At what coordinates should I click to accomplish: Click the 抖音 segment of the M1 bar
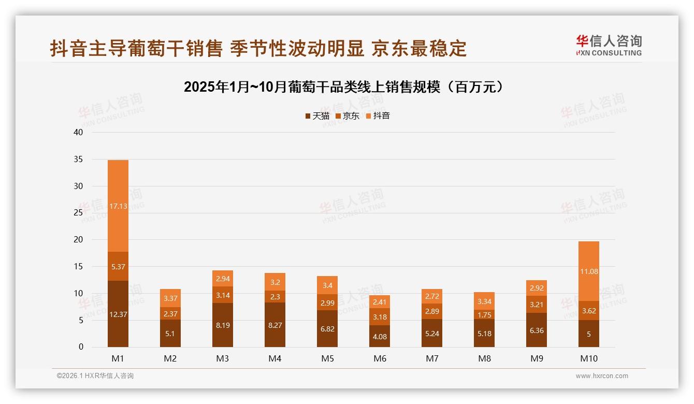pyautogui.click(x=118, y=206)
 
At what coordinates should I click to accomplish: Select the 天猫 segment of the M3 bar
pyautogui.click(x=223, y=325)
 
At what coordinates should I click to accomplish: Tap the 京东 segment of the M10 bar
pyautogui.click(x=589, y=310)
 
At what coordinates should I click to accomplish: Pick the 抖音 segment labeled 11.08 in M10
pyautogui.click(x=589, y=271)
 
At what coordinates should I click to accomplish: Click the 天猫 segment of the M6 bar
pyautogui.click(x=380, y=336)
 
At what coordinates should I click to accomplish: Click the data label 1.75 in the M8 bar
pyautogui.click(x=484, y=314)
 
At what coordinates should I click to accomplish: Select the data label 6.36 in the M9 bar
pyautogui.click(x=537, y=330)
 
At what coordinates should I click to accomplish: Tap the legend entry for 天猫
pyautogui.click(x=317, y=116)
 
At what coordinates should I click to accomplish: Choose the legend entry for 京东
pyautogui.click(x=348, y=116)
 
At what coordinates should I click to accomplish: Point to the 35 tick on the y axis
pyautogui.click(x=78, y=160)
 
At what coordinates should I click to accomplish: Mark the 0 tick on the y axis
pyautogui.click(x=81, y=347)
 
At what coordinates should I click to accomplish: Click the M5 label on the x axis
pyautogui.click(x=327, y=358)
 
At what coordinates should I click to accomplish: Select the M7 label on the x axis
pyautogui.click(x=432, y=358)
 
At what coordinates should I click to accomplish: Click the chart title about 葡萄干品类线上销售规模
pyautogui.click(x=344, y=87)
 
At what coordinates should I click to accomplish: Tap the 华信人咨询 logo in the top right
pyautogui.click(x=609, y=45)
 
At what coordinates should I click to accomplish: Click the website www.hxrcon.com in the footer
pyautogui.click(x=602, y=376)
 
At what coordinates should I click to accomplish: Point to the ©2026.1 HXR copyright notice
pyautogui.click(x=95, y=376)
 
